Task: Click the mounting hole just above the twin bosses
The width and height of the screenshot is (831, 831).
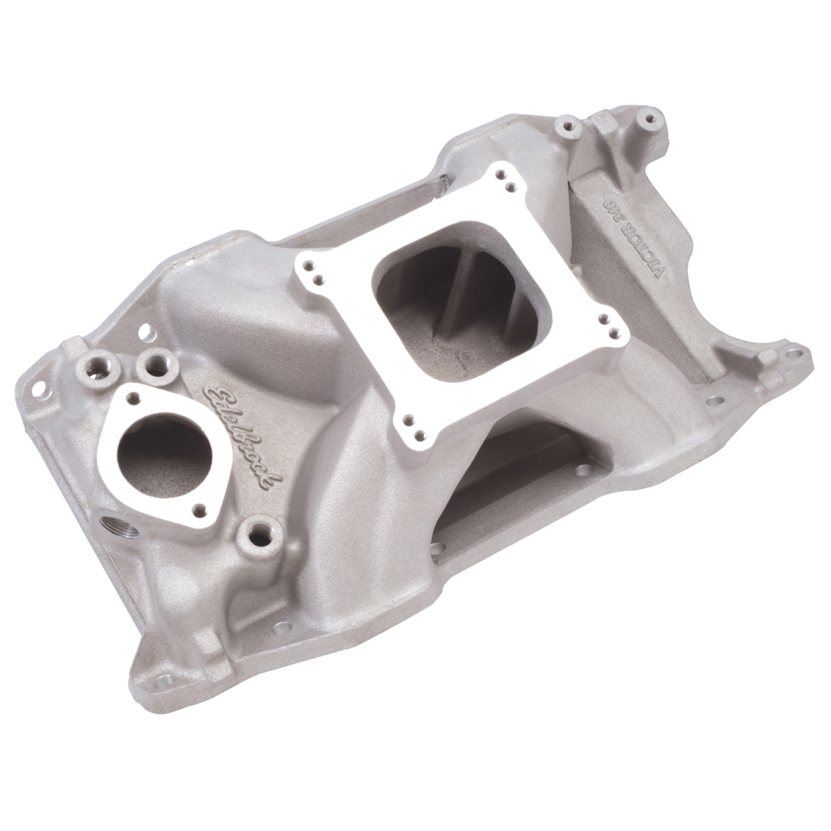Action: coord(146,331)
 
